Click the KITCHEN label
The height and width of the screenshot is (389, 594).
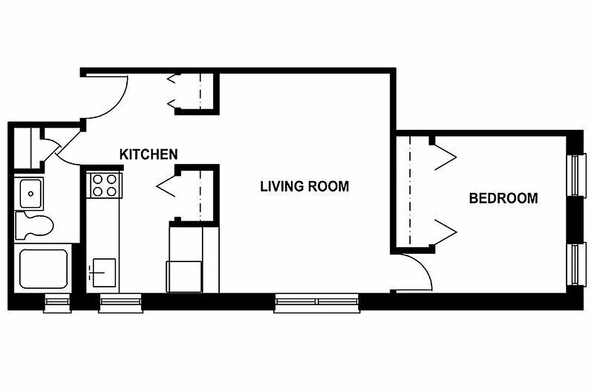point(148,155)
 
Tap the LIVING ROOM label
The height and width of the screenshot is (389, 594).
point(305,186)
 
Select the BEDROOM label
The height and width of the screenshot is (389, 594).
point(503,198)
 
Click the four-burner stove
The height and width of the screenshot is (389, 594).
point(104,185)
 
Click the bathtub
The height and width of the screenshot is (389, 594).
point(43,269)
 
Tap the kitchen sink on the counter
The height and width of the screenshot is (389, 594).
point(103,273)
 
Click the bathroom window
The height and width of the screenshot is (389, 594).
point(57,303)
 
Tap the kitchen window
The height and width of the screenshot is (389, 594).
point(120,303)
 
